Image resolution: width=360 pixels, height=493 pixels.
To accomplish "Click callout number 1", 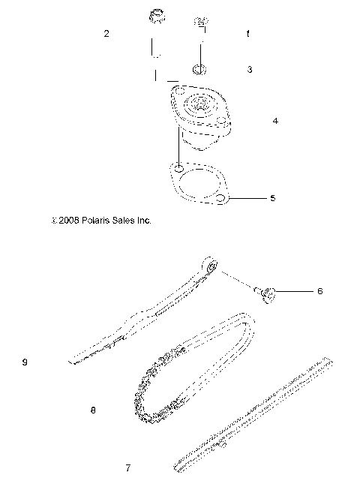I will tap(248, 35).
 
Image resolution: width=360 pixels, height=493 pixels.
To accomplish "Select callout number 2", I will tap(106, 34).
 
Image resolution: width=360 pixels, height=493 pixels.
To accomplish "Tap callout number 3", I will tap(250, 69).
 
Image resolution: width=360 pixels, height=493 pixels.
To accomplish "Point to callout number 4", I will tap(275, 120).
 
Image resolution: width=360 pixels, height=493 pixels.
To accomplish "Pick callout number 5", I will tap(272, 198).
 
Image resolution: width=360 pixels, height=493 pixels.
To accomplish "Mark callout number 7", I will tap(127, 467).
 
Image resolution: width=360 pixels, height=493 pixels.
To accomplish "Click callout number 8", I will tap(92, 410).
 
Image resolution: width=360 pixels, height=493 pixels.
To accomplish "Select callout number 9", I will tap(25, 362).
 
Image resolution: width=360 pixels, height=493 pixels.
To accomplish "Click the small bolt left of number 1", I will tap(200, 23).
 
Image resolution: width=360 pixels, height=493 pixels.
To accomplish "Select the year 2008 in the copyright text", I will tap(65, 221).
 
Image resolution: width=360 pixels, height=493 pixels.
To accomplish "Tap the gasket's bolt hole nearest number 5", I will tap(221, 198).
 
